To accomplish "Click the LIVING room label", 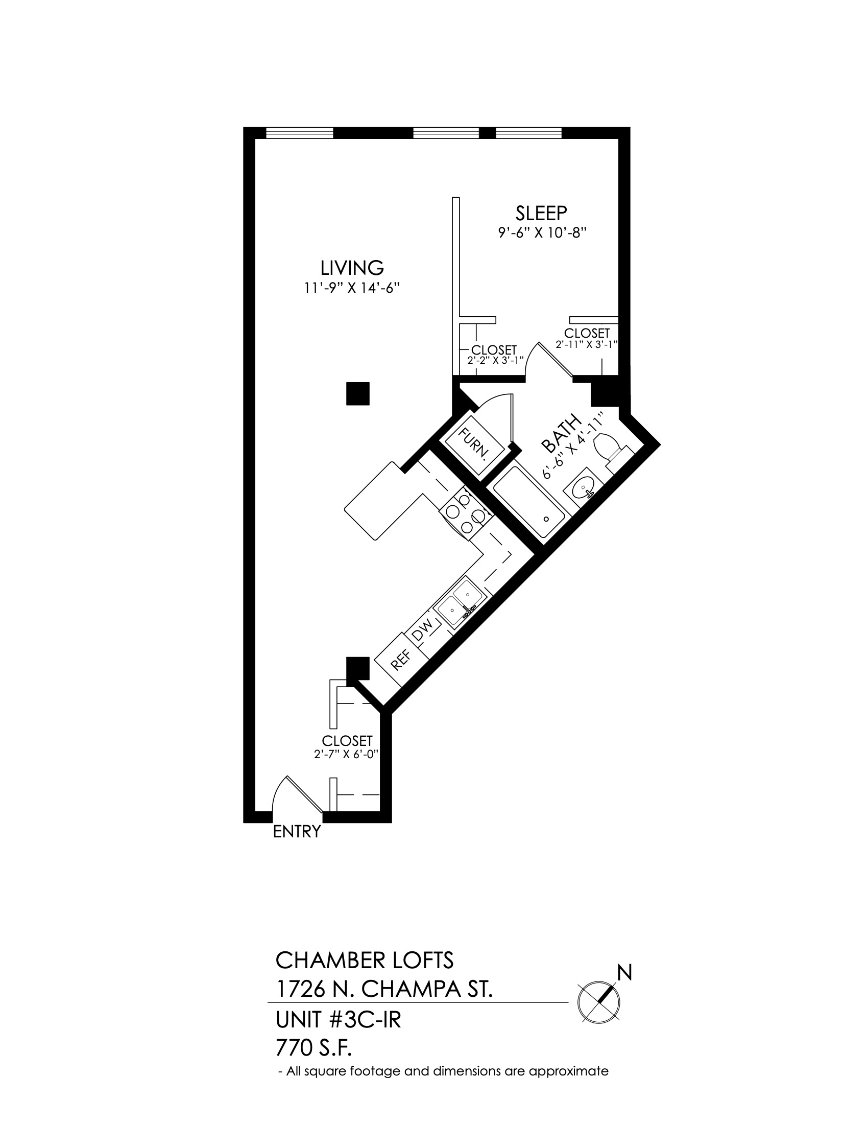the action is coord(352,268).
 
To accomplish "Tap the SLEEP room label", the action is coord(541,213).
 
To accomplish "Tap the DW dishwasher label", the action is coord(423,631).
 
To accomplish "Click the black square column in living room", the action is coord(358,394).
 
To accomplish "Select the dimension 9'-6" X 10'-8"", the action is coord(542,232).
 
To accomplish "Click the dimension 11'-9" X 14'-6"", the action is coord(352,288).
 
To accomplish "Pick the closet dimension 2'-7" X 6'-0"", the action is coord(347,755).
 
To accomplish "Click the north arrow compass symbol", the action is coord(599,1002).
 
